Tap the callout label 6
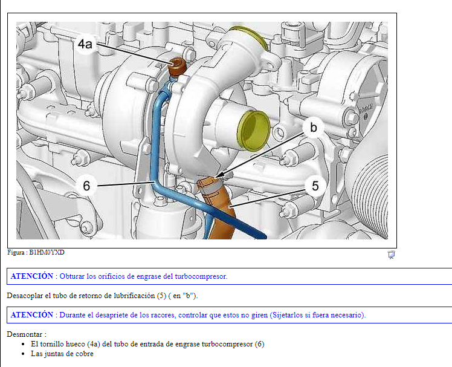click(x=86, y=186)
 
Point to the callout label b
click(x=313, y=128)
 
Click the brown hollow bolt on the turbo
click(x=176, y=67)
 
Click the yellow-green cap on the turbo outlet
click(x=254, y=128)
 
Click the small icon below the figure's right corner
click(x=391, y=255)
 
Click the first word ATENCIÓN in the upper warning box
click(x=31, y=276)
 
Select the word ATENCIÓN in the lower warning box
click(x=31, y=315)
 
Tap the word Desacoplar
click(x=27, y=296)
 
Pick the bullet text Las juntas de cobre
click(x=62, y=354)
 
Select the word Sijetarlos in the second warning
click(x=286, y=315)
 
